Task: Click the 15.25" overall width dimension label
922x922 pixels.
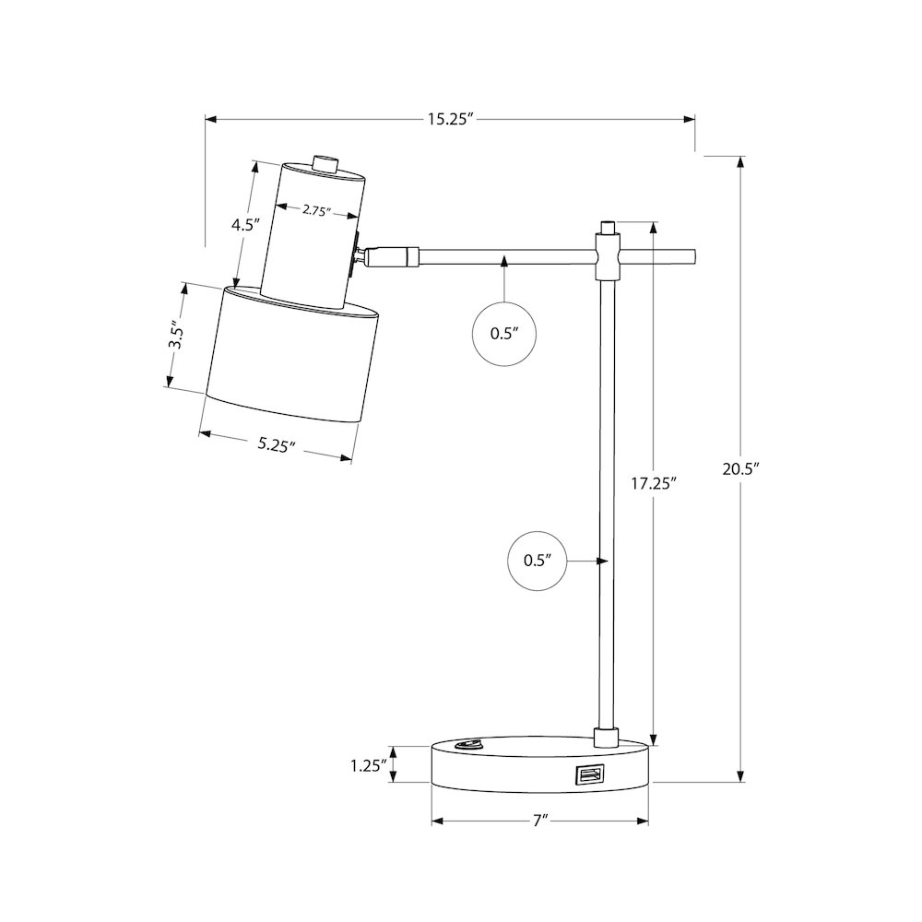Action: pos(451,119)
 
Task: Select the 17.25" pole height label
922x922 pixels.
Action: pos(654,484)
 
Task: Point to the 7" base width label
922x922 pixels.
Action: pos(540,821)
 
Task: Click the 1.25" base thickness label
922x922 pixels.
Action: pos(369,765)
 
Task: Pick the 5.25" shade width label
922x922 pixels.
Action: pos(276,444)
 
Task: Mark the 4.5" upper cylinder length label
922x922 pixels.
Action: pos(245,225)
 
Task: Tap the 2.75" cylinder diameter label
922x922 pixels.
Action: pos(317,210)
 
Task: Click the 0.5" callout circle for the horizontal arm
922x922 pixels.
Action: pos(504,334)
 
